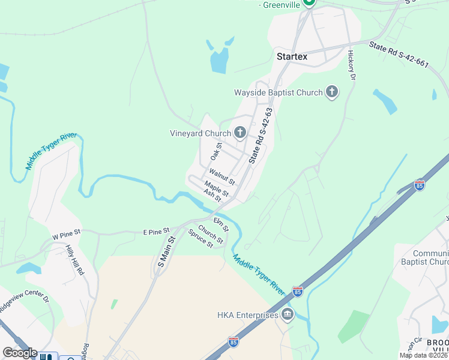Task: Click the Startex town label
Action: tap(292, 56)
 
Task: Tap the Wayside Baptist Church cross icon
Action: tap(332, 92)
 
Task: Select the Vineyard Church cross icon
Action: tap(240, 133)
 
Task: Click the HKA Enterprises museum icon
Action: tap(288, 315)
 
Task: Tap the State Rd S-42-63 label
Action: tap(261, 136)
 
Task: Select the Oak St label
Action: tap(216, 151)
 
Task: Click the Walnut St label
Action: tap(221, 177)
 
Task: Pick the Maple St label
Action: tap(217, 188)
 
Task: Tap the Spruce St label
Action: tap(201, 238)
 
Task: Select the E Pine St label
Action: tap(157, 230)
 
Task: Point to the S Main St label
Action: tap(166, 251)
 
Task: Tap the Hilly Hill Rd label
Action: tap(75, 261)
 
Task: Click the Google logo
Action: tap(19, 353)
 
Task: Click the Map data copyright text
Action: tap(424, 355)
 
